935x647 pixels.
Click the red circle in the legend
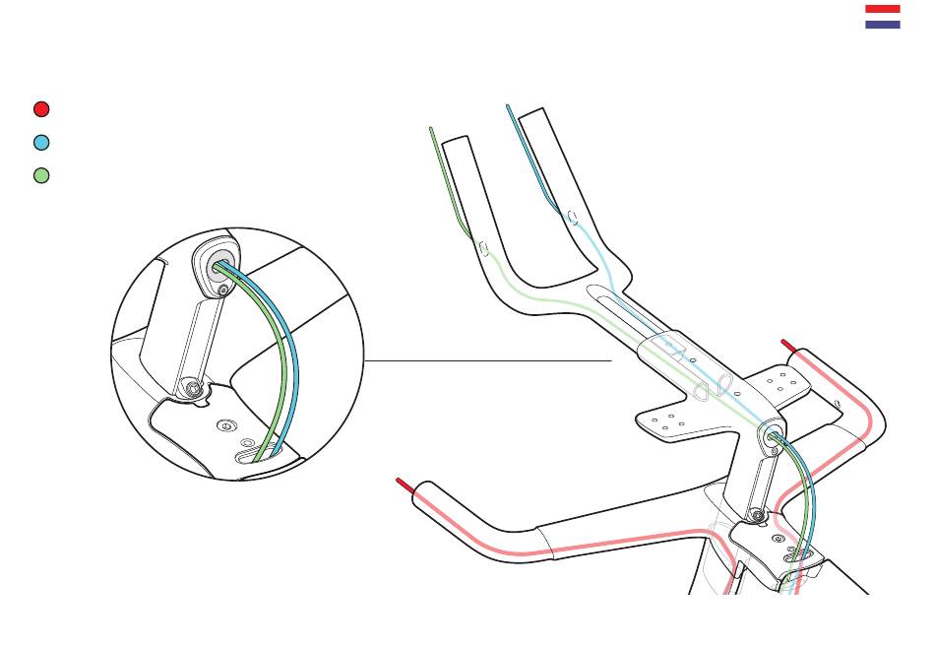(41, 109)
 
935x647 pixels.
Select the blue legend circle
(41, 142)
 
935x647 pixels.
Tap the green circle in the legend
(41, 175)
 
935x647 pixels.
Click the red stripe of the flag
(882, 9)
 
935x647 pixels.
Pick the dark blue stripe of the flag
(882, 24)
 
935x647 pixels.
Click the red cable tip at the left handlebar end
(403, 484)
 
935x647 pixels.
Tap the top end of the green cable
(431, 129)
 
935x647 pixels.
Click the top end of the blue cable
(508, 106)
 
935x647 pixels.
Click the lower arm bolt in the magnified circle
(194, 390)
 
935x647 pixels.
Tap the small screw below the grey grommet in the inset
(223, 291)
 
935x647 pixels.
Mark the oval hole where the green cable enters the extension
(483, 247)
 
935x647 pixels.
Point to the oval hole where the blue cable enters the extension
(573, 217)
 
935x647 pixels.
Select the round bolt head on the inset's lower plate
(227, 425)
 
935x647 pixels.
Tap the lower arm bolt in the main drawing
(756, 514)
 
